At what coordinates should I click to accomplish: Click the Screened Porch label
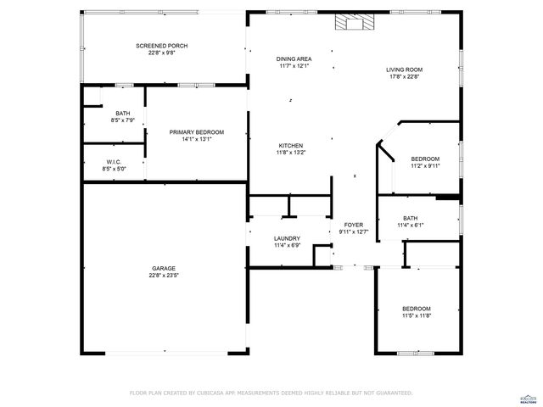click(x=162, y=45)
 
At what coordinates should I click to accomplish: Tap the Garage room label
click(x=164, y=268)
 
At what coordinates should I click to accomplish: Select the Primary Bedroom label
click(x=196, y=132)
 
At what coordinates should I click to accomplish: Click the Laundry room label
click(x=287, y=239)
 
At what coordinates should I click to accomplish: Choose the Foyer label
click(x=353, y=225)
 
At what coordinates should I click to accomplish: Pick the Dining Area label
click(x=294, y=59)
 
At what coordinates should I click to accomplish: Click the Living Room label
click(x=405, y=70)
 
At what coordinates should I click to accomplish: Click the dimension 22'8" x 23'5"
click(x=164, y=275)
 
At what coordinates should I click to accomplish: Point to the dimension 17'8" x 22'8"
click(x=405, y=76)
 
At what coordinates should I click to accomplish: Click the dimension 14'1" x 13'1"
click(x=196, y=139)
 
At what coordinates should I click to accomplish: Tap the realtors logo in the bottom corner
click(x=529, y=397)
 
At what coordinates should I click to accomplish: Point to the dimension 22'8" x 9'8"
click(x=162, y=52)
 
